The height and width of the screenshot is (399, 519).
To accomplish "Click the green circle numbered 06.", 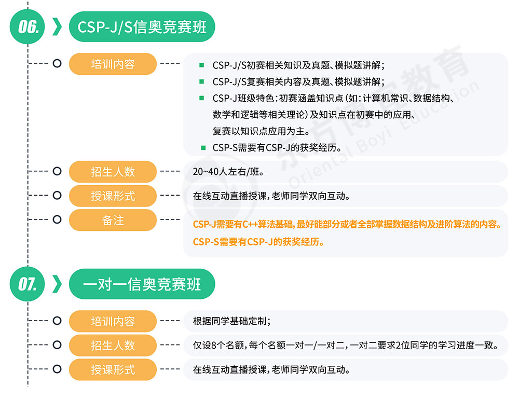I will pos(28,26).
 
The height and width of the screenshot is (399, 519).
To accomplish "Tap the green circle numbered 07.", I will pos(28,284).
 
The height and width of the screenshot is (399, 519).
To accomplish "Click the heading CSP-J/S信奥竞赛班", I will pos(142,26).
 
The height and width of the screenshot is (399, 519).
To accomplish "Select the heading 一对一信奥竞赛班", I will pos(142,284).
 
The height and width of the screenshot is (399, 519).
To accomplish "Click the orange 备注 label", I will pos(113,220).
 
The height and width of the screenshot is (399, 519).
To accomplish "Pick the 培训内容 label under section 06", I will pos(113,64).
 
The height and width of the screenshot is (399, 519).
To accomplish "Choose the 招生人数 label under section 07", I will pos(113,345).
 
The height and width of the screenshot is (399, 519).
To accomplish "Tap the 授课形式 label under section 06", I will pos(113,196).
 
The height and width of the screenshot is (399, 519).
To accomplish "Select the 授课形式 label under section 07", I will pos(113,369).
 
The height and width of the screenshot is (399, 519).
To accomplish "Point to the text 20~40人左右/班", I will pos(228,172).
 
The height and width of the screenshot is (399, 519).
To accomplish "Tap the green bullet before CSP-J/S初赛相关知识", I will pos(202,65).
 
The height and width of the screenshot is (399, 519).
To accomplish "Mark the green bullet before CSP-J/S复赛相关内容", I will pos(202,82).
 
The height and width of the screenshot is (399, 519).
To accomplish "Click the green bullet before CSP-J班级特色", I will pos(202,98).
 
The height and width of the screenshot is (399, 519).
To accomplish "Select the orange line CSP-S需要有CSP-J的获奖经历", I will pos(258,241).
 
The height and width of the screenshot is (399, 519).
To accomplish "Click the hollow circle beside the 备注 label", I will pos(57,220).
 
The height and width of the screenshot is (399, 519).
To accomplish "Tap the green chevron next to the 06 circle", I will pos(57,26).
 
